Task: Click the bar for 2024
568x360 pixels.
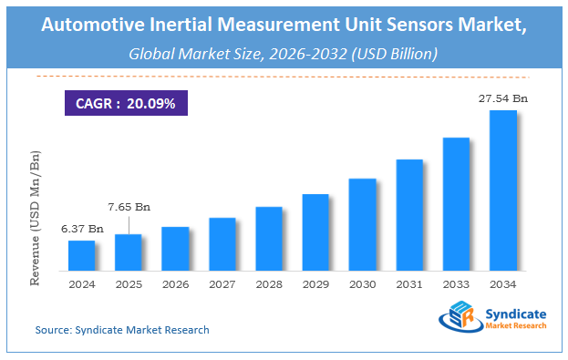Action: (x=81, y=255)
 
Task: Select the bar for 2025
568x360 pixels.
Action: (x=129, y=252)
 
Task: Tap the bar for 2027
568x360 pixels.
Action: (x=222, y=244)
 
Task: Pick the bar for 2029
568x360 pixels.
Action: (x=315, y=232)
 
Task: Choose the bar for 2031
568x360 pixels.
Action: (x=409, y=215)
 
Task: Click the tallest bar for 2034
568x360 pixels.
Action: (x=503, y=190)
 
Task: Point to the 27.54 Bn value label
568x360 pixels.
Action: (x=502, y=98)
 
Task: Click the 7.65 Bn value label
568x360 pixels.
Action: (x=128, y=207)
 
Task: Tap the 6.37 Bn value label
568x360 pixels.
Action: (x=81, y=227)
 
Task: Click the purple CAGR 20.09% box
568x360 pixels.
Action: (x=126, y=102)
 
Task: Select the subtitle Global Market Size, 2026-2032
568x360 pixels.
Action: (x=283, y=55)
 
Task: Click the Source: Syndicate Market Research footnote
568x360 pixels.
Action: (x=122, y=329)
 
